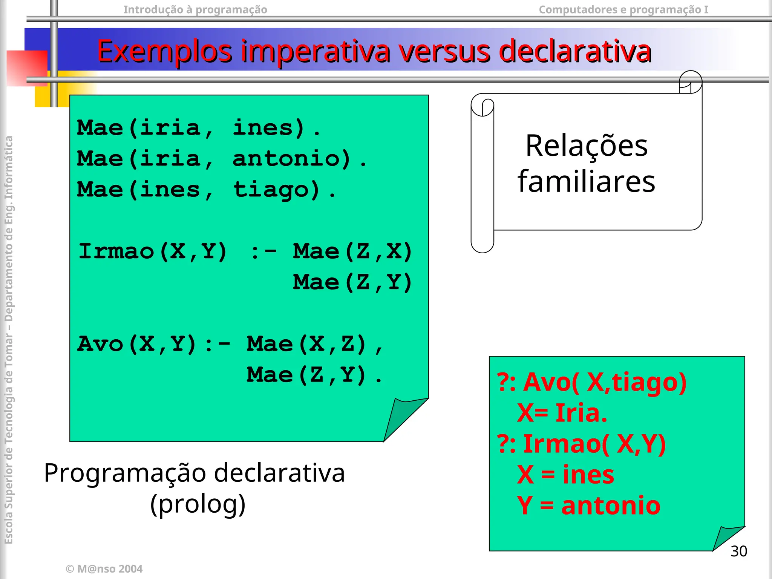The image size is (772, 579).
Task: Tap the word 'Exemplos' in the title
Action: click(164, 52)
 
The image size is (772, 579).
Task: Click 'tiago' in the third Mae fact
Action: click(276, 190)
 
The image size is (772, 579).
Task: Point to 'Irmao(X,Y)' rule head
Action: click(153, 251)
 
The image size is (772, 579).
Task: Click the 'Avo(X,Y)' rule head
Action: click(136, 344)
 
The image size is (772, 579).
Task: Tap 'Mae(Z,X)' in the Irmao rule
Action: click(352, 251)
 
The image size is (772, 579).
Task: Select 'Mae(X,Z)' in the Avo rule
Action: click(306, 344)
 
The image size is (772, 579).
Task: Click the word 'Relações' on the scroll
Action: click(587, 146)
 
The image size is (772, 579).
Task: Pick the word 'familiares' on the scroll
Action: click(587, 182)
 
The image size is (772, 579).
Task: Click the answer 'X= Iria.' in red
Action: click(562, 413)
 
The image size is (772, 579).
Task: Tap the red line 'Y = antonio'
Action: click(588, 505)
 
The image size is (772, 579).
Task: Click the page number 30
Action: click(738, 551)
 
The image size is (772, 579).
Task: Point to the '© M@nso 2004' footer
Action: click(104, 568)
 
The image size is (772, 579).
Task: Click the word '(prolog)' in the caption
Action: click(198, 504)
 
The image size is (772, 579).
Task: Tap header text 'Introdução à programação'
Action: click(195, 9)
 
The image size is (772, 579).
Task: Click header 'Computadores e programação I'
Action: click(623, 9)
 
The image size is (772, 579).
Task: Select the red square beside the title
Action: click(27, 68)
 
